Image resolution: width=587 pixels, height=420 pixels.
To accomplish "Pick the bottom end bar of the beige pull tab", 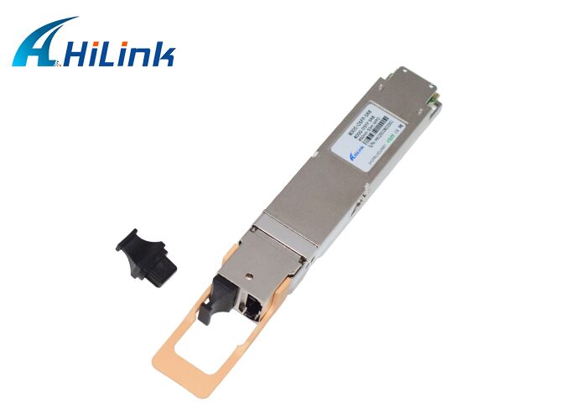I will click(180, 364).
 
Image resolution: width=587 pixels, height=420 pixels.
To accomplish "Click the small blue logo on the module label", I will click(355, 154).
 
